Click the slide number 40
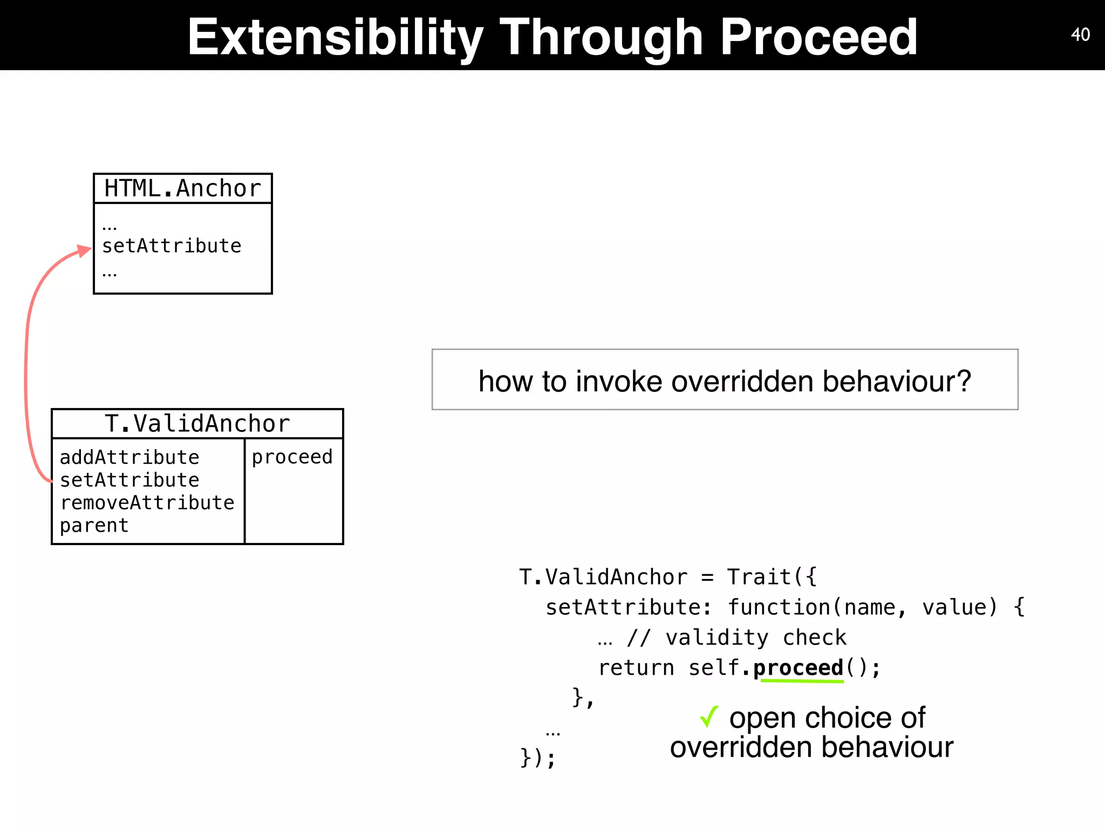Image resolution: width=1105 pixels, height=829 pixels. (1080, 35)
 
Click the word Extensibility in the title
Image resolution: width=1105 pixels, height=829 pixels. (335, 37)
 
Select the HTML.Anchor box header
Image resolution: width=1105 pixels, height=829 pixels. (182, 188)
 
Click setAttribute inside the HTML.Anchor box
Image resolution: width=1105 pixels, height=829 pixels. (172, 246)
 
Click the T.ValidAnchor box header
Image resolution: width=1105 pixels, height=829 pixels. (197, 424)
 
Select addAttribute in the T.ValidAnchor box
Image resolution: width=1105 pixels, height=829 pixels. (129, 457)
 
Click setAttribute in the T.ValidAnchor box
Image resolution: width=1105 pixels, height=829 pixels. (129, 480)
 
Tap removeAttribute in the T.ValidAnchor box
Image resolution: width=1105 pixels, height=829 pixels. (147, 502)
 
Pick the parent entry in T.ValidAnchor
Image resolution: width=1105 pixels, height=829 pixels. (94, 525)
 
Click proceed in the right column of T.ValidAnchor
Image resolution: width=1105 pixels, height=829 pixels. (292, 457)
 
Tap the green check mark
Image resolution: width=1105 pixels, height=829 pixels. (708, 717)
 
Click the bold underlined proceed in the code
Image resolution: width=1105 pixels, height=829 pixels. (798, 668)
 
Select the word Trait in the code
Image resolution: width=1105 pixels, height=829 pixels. (759, 577)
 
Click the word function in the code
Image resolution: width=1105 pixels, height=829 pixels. (779, 607)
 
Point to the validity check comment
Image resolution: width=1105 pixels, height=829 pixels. (736, 638)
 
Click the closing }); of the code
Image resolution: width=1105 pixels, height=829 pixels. (537, 757)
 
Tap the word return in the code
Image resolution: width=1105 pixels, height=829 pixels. (636, 668)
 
